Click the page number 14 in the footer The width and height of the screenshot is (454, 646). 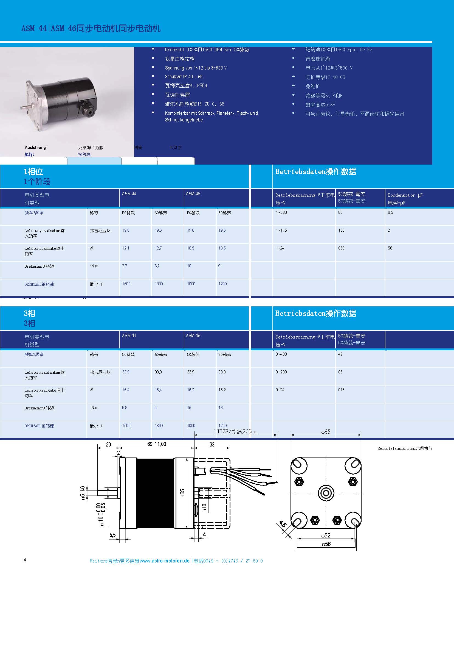click(x=24, y=560)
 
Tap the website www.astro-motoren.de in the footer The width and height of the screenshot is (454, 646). click(x=164, y=561)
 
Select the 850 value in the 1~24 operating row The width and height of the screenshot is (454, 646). click(x=341, y=248)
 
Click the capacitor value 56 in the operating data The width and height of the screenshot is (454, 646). click(x=390, y=248)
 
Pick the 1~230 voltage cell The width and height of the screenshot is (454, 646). click(x=281, y=212)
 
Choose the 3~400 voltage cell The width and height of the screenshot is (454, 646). click(x=281, y=354)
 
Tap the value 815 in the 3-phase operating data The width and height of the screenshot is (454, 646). click(x=341, y=390)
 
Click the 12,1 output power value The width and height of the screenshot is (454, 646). click(x=126, y=248)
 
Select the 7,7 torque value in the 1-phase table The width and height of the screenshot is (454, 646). click(x=125, y=266)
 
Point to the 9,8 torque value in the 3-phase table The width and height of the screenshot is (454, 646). click(x=125, y=408)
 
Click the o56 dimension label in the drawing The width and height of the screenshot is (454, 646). click(x=326, y=544)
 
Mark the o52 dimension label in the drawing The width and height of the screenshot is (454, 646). click(x=326, y=536)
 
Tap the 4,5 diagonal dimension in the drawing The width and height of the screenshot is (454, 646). click(x=283, y=524)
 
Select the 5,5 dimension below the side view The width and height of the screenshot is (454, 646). click(x=112, y=535)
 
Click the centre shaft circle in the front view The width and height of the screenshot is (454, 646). click(x=326, y=493)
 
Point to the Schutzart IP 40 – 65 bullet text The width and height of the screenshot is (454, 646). click(x=184, y=77)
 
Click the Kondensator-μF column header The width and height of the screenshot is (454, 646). click(x=405, y=195)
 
